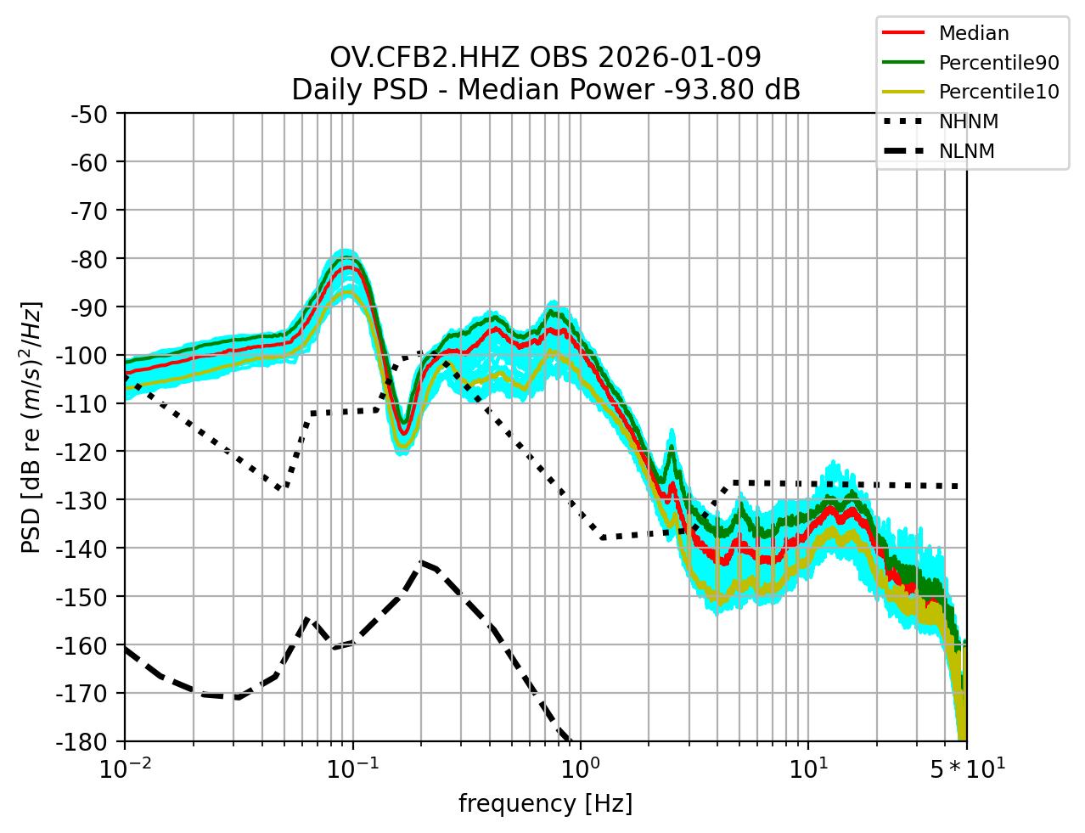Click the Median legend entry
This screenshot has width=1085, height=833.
[x=973, y=34]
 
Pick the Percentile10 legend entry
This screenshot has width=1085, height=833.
[x=998, y=92]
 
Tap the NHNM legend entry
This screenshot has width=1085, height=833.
[x=968, y=121]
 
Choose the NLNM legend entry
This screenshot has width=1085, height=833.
[x=966, y=151]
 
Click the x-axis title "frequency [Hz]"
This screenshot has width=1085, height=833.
[x=545, y=803]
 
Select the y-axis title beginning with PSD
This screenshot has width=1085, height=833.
[x=31, y=426]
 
